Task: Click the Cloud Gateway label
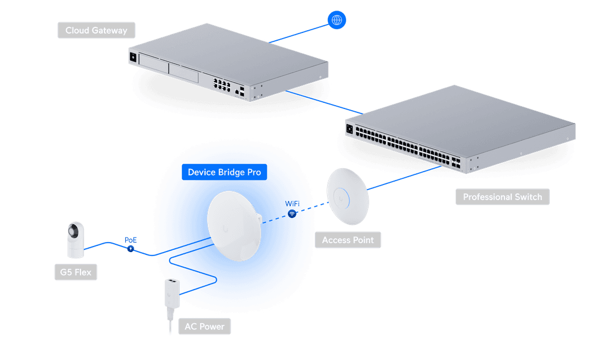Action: tap(96, 30)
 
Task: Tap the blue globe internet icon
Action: tap(337, 21)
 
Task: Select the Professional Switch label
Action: tap(502, 197)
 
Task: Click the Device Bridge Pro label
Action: tap(224, 172)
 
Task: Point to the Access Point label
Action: tap(348, 240)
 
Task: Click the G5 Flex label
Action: tap(75, 273)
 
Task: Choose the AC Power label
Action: tap(204, 326)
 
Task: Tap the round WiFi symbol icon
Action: tap(291, 214)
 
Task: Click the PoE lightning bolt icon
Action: tap(130, 249)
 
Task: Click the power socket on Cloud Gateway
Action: tap(133, 57)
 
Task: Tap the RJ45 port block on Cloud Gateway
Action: tap(221, 84)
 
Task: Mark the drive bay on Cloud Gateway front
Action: tap(154, 63)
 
